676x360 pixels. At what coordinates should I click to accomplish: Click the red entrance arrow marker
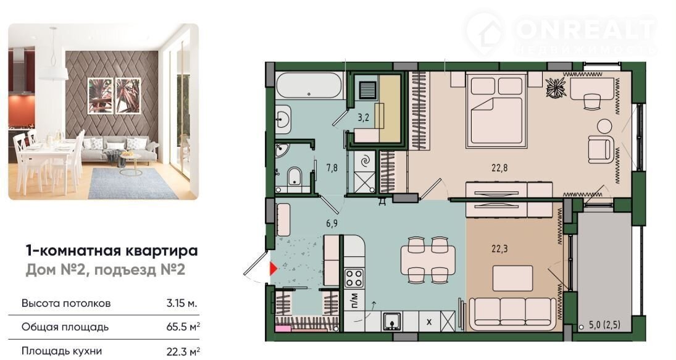coord(273,269)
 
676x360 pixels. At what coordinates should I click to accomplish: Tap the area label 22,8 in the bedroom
coord(499,167)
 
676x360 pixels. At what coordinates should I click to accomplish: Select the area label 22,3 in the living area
coord(499,248)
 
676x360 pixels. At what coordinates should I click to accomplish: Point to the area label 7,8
coord(332,167)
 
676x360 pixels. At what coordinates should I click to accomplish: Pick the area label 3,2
coord(364,117)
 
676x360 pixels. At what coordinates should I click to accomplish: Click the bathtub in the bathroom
coord(309,85)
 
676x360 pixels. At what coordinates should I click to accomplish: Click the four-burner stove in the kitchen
coord(354,278)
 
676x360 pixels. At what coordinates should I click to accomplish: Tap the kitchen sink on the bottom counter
coord(391,321)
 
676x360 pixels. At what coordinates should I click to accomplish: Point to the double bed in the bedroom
coord(496,110)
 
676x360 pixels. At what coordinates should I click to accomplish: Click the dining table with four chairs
coord(428,260)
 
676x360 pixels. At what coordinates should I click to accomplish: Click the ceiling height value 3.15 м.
coord(182,303)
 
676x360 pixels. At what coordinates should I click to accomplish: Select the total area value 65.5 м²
coord(183,327)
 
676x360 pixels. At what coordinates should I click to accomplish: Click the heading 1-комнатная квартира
coord(112,251)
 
